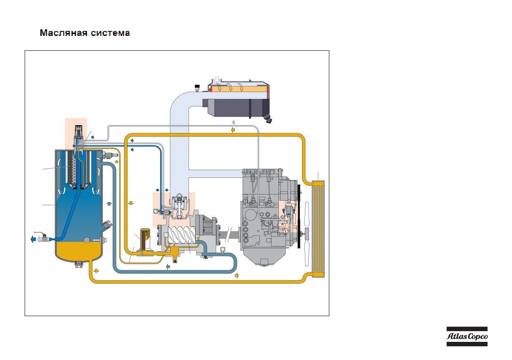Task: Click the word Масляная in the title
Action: pos(64,33)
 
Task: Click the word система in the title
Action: pos(111,33)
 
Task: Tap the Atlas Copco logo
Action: pos(467,336)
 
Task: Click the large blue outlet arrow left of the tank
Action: pos(33,239)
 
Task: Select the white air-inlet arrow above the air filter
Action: pos(217,80)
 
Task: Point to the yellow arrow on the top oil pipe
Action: pos(233,130)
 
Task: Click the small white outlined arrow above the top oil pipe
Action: pos(234,122)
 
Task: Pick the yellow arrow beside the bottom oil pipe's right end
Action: pos(237,276)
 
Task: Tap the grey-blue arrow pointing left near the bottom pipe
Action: pos(168,266)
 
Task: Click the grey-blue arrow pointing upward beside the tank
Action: pos(109,204)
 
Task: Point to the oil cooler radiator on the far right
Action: pos(318,229)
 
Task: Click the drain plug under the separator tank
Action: pos(79,264)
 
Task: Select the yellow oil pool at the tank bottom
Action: pos(79,251)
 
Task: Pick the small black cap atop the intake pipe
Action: pos(197,88)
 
